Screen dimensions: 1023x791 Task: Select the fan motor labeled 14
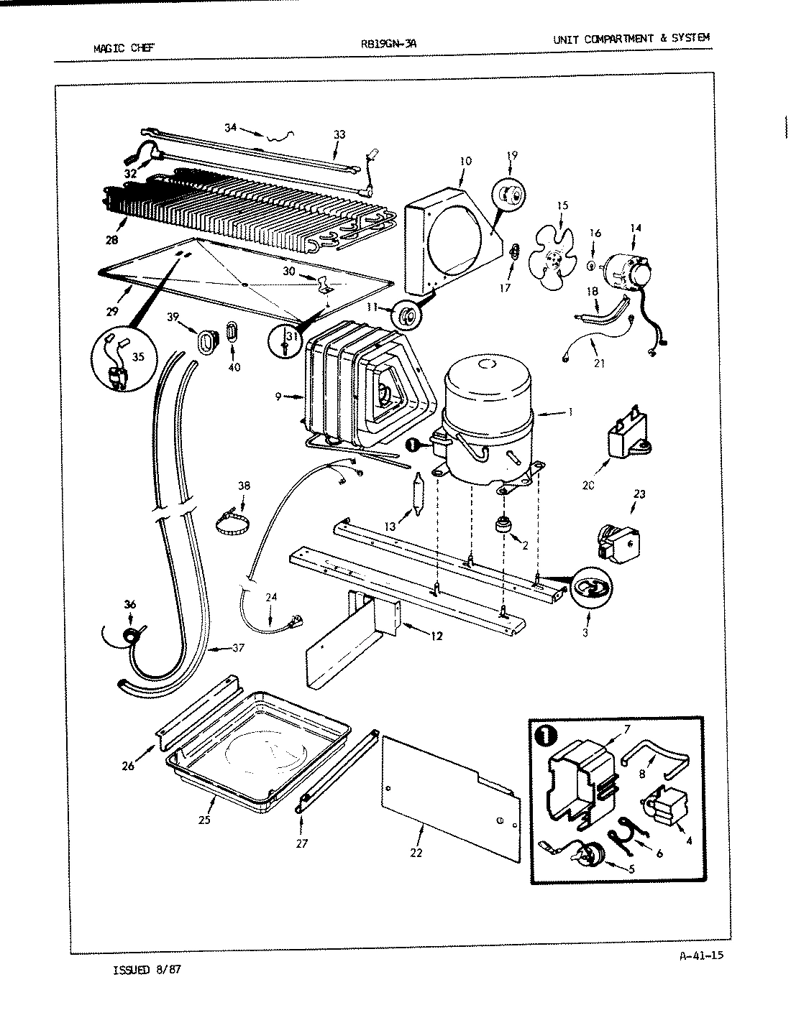(626, 272)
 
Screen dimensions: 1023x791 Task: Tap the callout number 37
(238, 648)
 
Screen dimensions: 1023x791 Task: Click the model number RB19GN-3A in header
(388, 42)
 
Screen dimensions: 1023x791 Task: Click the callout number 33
(339, 134)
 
